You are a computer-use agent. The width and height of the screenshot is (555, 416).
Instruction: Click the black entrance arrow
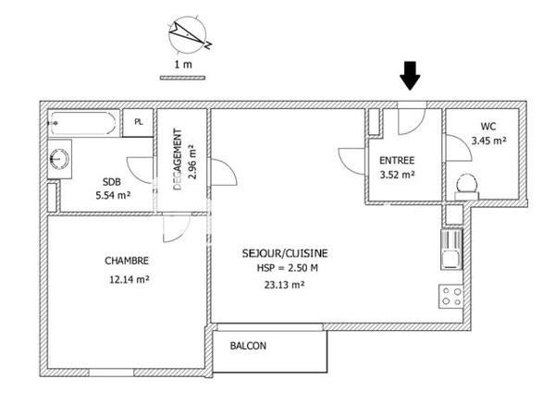[x=411, y=75]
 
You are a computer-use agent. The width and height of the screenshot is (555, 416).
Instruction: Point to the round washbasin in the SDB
[x=60, y=158]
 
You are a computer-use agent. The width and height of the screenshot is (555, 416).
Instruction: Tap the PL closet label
[x=139, y=122]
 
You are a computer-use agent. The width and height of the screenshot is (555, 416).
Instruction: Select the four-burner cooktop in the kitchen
[x=451, y=297]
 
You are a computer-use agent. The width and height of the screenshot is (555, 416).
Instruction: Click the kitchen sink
[x=451, y=248]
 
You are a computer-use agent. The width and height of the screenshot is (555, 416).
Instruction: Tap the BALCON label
[x=248, y=347]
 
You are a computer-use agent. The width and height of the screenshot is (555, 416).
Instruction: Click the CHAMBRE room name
[x=127, y=261]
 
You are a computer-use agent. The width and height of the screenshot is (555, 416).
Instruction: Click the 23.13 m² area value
[x=284, y=285]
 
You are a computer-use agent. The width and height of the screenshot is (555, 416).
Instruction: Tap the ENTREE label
[x=397, y=158]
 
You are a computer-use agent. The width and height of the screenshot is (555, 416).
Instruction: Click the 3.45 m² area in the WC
[x=488, y=141]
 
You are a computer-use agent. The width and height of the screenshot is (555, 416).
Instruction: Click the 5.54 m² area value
[x=113, y=196]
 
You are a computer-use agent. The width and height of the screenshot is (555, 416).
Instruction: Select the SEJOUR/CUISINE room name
[x=284, y=252]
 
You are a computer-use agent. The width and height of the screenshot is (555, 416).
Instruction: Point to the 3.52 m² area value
[x=397, y=173]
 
